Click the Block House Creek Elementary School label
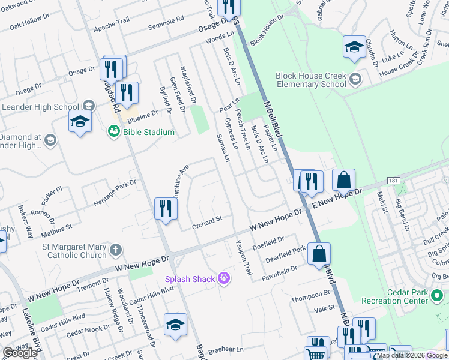pyautogui.click(x=311, y=80)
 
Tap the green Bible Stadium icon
pyautogui.click(x=113, y=131)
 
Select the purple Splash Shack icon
pyautogui.click(x=224, y=278)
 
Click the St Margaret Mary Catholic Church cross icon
pyautogui.click(x=116, y=250)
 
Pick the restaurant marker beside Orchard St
pyautogui.click(x=166, y=209)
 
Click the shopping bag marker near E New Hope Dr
pyautogui.click(x=343, y=179)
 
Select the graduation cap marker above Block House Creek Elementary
pyautogui.click(x=354, y=47)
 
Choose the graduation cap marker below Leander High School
pyautogui.click(x=80, y=121)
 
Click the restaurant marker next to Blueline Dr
pyautogui.click(x=126, y=92)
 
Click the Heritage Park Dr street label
pyautogui.click(x=115, y=193)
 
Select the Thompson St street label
pyautogui.click(x=311, y=298)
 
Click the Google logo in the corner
pyautogui.click(x=20, y=353)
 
